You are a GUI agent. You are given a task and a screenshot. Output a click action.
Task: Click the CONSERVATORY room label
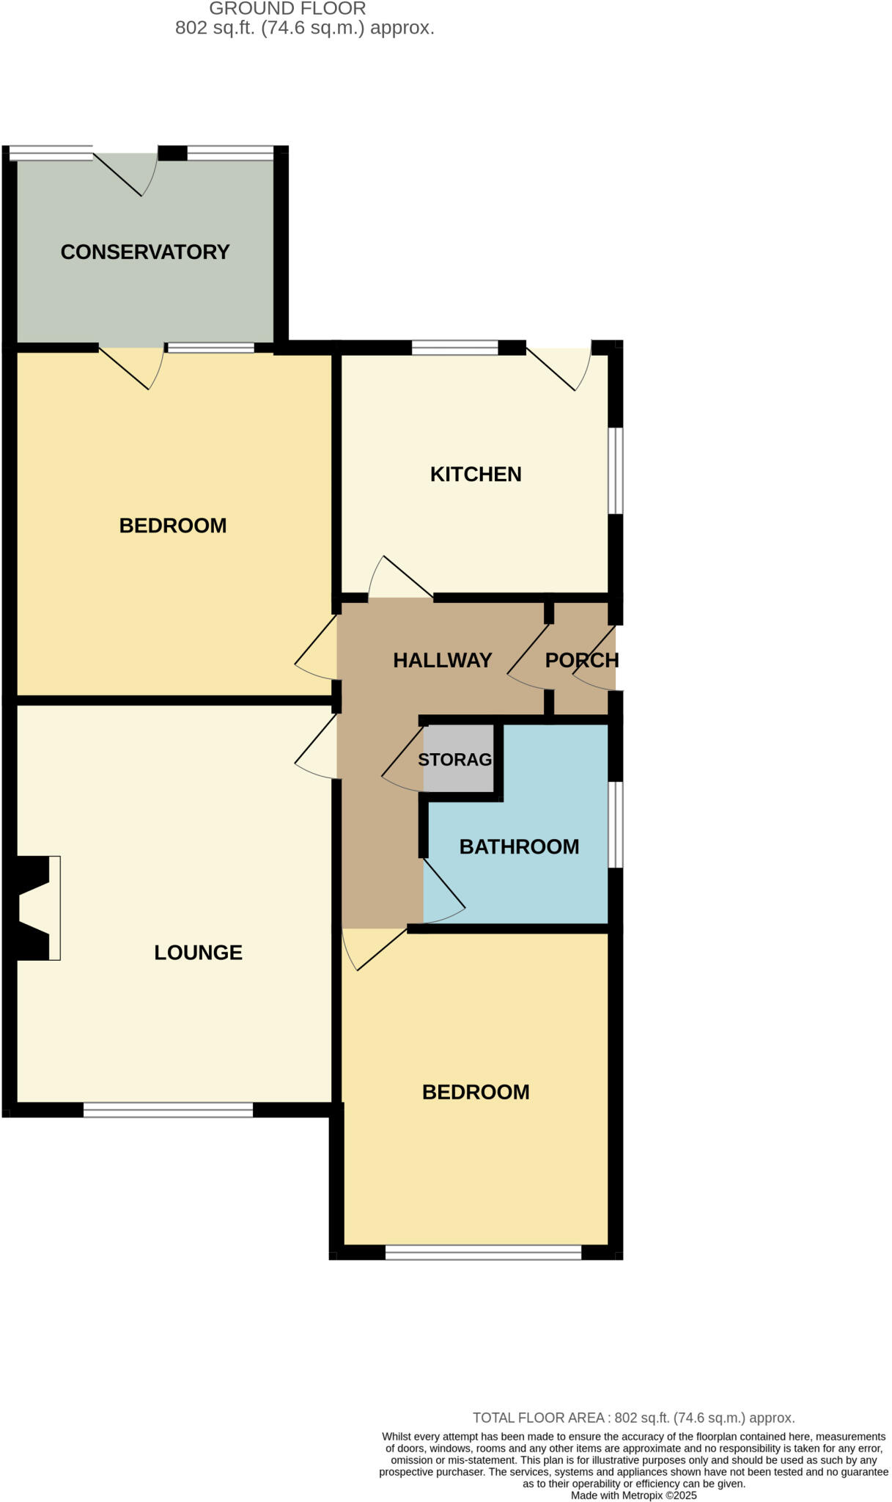145,252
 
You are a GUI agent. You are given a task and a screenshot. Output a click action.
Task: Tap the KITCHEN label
476,474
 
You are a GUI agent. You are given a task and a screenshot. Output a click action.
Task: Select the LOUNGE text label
198,952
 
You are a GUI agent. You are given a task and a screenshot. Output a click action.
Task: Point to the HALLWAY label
442,660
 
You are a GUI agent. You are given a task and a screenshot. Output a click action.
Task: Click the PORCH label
582,660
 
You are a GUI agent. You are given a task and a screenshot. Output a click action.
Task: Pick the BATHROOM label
519,846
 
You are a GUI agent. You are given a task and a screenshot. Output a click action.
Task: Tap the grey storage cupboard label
455,759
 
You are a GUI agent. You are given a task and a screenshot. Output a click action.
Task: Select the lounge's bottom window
168,1110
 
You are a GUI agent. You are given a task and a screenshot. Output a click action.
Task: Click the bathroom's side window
616,824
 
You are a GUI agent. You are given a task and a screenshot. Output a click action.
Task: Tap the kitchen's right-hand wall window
616,470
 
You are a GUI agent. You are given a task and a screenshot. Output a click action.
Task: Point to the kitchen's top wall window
454,347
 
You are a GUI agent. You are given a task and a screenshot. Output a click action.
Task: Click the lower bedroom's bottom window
483,1252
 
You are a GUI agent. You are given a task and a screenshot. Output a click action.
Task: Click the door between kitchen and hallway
400,579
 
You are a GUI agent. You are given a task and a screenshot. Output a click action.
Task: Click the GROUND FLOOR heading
287,9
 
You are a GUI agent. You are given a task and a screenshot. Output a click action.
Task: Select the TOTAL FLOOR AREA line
633,1418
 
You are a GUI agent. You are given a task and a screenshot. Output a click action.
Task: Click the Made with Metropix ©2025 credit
633,1495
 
